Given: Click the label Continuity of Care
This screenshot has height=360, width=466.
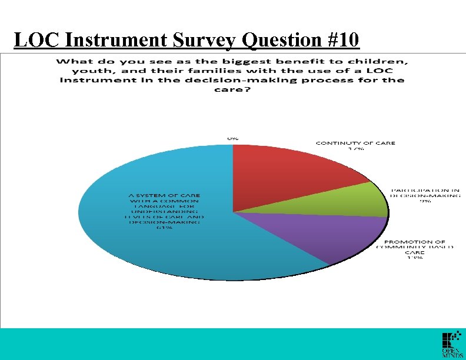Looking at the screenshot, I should coord(355,143).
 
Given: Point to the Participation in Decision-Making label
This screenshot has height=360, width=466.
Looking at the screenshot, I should coord(425,194).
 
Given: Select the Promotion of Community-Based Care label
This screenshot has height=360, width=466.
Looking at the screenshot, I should coord(415,245).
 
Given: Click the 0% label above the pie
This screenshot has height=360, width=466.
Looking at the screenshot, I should coord(233,137).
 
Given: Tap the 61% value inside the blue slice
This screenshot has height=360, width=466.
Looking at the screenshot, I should coord(165,228).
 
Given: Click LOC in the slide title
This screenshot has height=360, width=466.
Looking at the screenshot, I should coord(38,40).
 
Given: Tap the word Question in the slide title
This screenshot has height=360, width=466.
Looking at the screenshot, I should coord(277,40).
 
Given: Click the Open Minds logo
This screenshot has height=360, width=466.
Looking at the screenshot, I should coord(450,345).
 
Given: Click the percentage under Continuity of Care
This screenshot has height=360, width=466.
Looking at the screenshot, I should coord(356,149).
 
